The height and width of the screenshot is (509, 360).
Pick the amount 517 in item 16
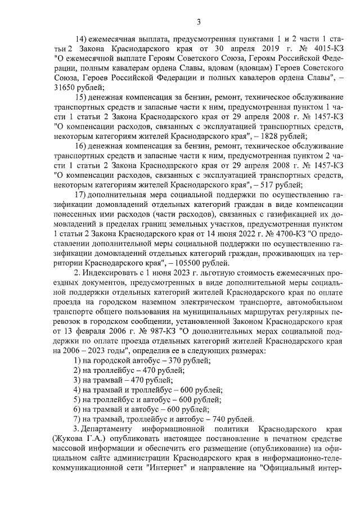[x=268, y=183]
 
